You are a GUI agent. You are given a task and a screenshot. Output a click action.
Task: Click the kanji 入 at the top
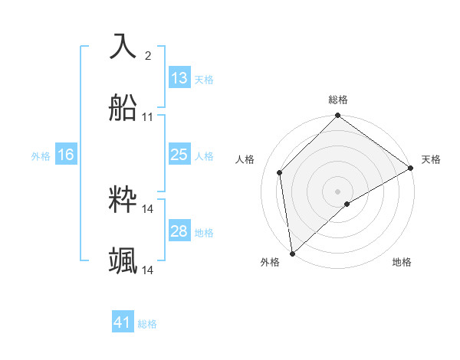click(123, 46)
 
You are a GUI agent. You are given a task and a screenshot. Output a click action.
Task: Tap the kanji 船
click(123, 108)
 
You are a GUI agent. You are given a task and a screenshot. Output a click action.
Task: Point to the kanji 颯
click(123, 261)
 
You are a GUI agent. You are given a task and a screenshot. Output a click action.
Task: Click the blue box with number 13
click(179, 78)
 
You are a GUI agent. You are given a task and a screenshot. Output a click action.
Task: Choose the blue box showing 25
click(179, 155)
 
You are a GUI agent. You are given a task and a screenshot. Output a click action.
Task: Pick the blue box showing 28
click(179, 231)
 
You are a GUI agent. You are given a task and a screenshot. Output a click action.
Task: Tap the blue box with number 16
click(66, 155)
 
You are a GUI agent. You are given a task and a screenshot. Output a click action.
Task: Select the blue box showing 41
click(123, 322)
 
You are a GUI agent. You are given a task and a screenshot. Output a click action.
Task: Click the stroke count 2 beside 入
click(148, 56)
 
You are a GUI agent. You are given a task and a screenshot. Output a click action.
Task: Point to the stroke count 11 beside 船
click(148, 117)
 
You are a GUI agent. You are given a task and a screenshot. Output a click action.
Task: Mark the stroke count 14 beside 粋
click(148, 208)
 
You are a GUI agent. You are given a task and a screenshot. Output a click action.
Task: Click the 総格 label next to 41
click(147, 324)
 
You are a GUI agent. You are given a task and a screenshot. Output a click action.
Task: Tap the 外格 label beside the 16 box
click(41, 156)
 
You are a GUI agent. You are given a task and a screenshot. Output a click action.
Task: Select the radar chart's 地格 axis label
click(402, 262)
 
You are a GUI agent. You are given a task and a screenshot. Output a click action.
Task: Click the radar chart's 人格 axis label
click(245, 159)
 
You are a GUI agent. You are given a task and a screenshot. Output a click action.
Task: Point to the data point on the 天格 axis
click(411, 168)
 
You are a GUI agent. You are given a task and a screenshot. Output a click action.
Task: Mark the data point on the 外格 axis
click(292, 254)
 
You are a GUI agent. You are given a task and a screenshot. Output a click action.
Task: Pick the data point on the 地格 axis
click(347, 204)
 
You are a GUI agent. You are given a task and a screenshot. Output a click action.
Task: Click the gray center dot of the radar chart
click(338, 191)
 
